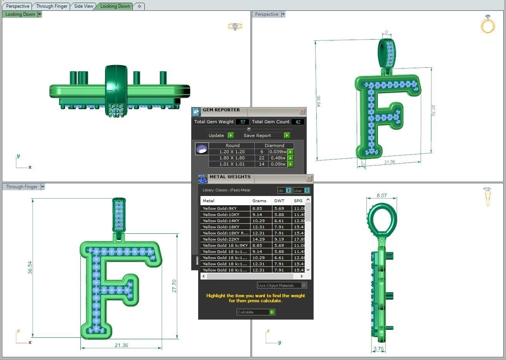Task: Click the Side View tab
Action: click(x=83, y=6)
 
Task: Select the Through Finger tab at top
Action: click(x=52, y=6)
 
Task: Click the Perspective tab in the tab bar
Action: click(x=18, y=6)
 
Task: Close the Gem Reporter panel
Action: click(x=302, y=111)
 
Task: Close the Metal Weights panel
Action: click(x=309, y=178)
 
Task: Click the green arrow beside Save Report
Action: click(x=287, y=136)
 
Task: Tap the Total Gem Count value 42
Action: click(x=298, y=122)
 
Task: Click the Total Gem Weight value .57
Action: click(x=242, y=122)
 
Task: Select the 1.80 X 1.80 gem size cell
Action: click(x=232, y=158)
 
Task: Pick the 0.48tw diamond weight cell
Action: click(x=277, y=158)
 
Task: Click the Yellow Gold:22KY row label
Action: click(x=221, y=239)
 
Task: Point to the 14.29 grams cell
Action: click(x=258, y=239)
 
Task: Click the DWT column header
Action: click(x=279, y=201)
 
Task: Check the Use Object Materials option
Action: click(x=304, y=285)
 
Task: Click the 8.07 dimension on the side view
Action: click(x=381, y=196)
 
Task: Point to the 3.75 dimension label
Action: click(x=378, y=349)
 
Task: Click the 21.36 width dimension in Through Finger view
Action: click(x=121, y=345)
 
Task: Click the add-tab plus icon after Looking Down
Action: click(x=139, y=6)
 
